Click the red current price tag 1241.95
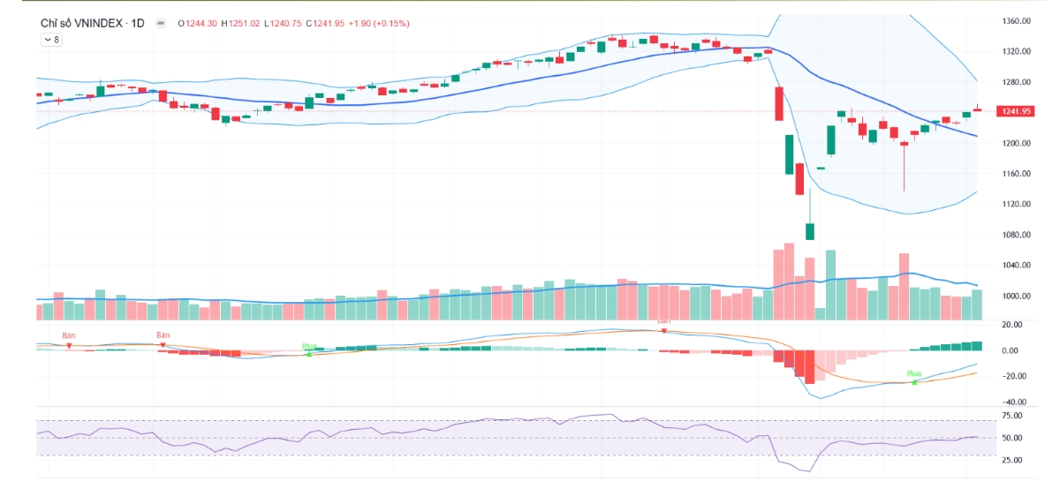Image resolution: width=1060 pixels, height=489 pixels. coord(1014,111)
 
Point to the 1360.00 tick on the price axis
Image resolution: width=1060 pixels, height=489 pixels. coord(1017,21)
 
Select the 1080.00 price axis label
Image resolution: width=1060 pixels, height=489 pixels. coord(1017,235)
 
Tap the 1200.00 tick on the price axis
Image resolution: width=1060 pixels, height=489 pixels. coord(1017,143)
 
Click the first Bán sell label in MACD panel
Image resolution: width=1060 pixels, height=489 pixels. coord(68,335)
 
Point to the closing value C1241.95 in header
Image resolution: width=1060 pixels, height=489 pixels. coord(325,23)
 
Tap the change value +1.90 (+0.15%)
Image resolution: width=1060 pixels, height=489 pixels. coord(380,23)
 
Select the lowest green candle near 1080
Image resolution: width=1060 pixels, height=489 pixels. coord(810,231)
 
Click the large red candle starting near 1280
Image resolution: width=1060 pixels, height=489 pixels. coord(779,103)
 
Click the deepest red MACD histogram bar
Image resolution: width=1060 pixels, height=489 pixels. coord(810,366)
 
